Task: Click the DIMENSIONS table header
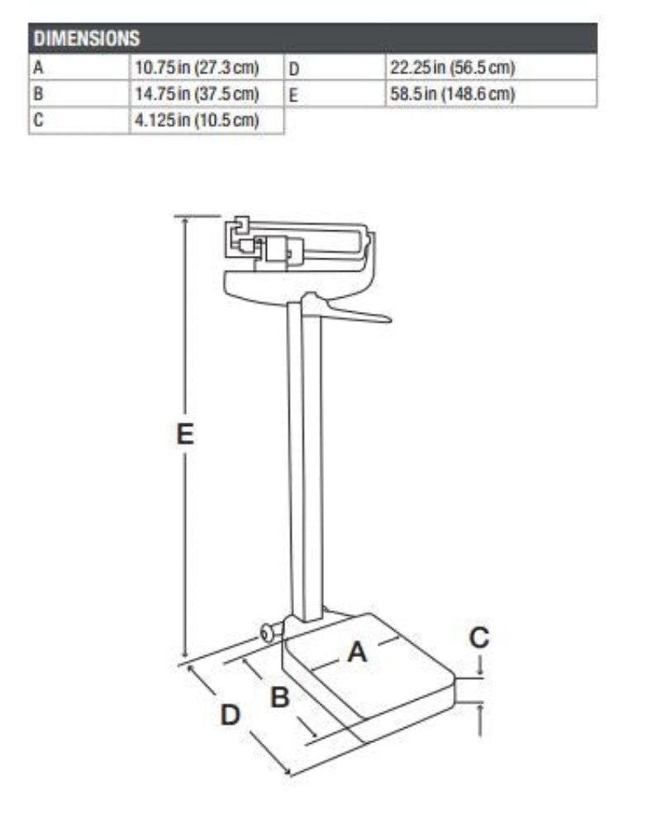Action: [x=85, y=38]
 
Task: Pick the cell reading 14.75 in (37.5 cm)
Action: [x=197, y=93]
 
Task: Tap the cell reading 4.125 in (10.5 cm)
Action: [x=197, y=121]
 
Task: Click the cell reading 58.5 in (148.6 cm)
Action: [x=452, y=93]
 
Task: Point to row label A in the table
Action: [x=38, y=67]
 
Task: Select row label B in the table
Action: [x=38, y=93]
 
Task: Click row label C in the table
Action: [x=38, y=121]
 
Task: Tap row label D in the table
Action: [x=293, y=67]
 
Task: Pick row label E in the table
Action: [x=293, y=93]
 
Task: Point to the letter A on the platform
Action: [x=357, y=652]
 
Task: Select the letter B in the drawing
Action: [x=280, y=697]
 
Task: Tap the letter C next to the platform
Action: [x=479, y=637]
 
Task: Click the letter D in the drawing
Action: [x=230, y=715]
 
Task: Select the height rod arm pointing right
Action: [x=355, y=314]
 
